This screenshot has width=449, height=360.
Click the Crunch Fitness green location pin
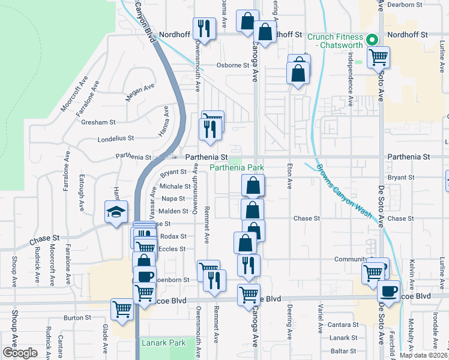pos(372,41)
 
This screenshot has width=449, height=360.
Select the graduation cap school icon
pos(116,212)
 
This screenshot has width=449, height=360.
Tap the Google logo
pos(20,353)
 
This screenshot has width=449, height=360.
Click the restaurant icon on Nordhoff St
pos(205,29)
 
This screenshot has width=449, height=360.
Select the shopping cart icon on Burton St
pos(122,310)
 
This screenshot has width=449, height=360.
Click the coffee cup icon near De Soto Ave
pos(388,291)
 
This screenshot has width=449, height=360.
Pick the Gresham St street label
pos(100,122)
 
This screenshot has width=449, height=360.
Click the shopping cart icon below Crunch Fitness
pos(378,57)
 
